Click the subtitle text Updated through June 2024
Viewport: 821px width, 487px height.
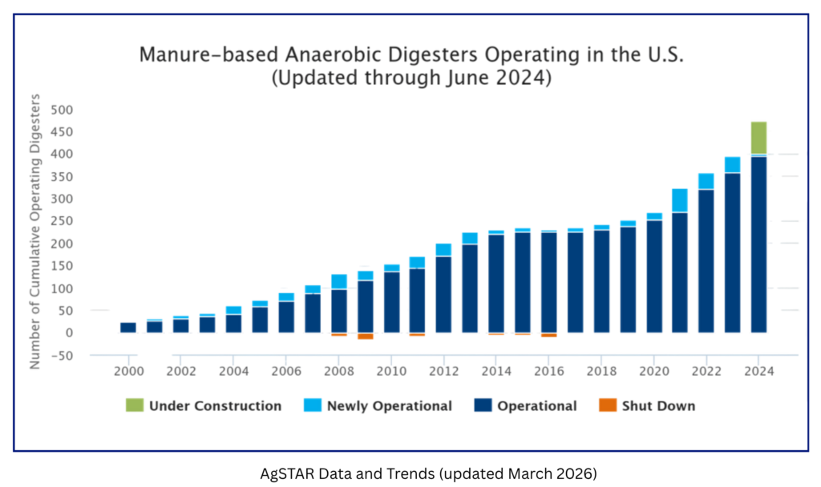[411, 78]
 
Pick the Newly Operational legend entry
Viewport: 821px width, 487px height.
[389, 406]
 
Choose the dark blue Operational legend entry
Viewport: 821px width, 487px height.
[536, 406]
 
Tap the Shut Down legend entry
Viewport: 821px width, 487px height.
[658, 406]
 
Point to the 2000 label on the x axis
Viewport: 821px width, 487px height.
[128, 371]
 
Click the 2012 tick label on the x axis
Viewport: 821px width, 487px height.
[443, 371]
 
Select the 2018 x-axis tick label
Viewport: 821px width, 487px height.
[601, 371]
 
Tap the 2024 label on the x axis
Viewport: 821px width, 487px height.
[758, 371]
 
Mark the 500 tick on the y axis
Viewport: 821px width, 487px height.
[62, 110]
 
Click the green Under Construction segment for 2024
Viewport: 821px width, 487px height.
[761, 137]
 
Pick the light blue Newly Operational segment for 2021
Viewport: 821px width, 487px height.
[682, 199]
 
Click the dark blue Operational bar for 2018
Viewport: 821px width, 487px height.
[604, 280]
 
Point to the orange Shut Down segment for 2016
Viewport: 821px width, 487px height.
[552, 343]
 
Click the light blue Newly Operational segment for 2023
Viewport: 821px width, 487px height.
[734, 164]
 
